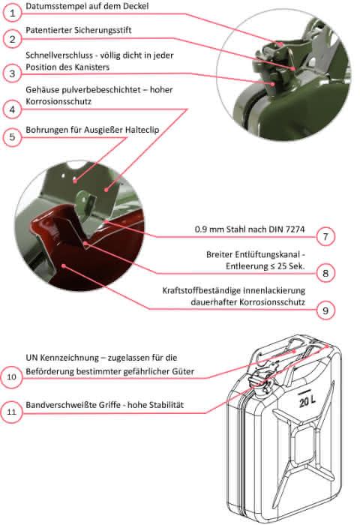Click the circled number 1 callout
[x=13, y=13]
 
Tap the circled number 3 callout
[x=13, y=73]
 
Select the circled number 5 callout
[x=13, y=137]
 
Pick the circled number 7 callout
[x=325, y=237]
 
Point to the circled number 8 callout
[x=325, y=273]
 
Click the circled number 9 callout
[x=325, y=310]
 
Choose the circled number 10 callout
[x=12, y=377]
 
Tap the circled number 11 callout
[x=12, y=412]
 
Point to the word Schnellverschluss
[x=59, y=55]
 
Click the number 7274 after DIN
[x=295, y=229]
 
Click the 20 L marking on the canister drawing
[x=307, y=400]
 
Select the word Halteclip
[x=142, y=130]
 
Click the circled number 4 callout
[x=13, y=109]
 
